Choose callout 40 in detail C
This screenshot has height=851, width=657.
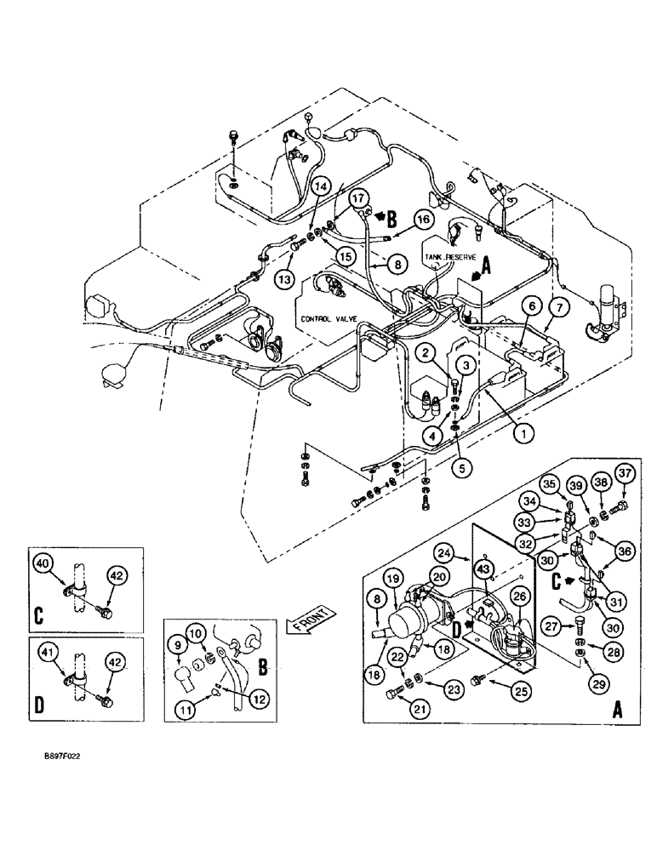(x=43, y=563)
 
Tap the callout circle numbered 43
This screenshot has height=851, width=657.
(x=483, y=569)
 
